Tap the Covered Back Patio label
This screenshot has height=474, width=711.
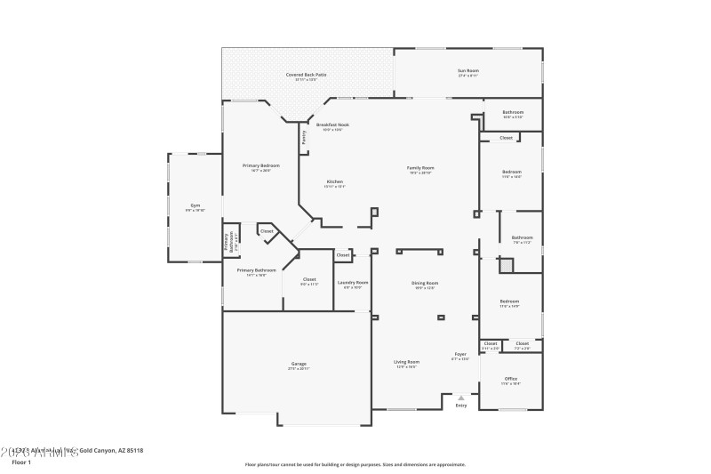306,75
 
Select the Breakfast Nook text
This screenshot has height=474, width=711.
332,125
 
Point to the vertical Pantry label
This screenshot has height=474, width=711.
304,137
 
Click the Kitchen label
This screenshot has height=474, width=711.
334,181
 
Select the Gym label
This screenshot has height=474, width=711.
195,205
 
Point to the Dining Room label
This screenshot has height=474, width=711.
425,283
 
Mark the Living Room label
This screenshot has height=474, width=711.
407,362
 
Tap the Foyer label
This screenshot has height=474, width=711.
459,354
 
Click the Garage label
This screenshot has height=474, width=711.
299,363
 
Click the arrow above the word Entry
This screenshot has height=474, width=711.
460,398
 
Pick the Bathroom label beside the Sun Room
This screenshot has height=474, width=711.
513,112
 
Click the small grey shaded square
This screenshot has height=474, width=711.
506,264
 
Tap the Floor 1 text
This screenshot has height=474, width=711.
20,462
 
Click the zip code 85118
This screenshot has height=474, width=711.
132,451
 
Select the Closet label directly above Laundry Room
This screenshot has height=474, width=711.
343,256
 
